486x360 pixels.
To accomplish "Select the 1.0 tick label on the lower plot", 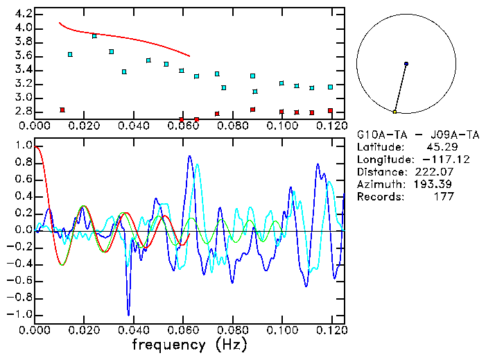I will [x=23, y=146].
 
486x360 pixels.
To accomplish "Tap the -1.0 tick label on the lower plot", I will [x=21, y=314].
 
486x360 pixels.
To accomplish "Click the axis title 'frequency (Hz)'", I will [x=189, y=344].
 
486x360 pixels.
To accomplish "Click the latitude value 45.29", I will [x=440, y=147].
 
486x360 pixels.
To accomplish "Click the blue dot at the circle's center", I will [x=406, y=64].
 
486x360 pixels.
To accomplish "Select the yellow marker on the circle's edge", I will [x=394, y=112].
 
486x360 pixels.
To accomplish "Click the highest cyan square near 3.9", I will [x=94, y=35].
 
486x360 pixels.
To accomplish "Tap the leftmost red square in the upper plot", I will [x=62, y=110].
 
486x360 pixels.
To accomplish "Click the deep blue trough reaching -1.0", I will [x=128, y=314].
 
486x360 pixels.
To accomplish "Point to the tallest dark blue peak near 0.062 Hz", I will [x=190, y=157].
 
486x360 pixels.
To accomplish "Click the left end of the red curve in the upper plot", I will [x=59, y=22].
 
